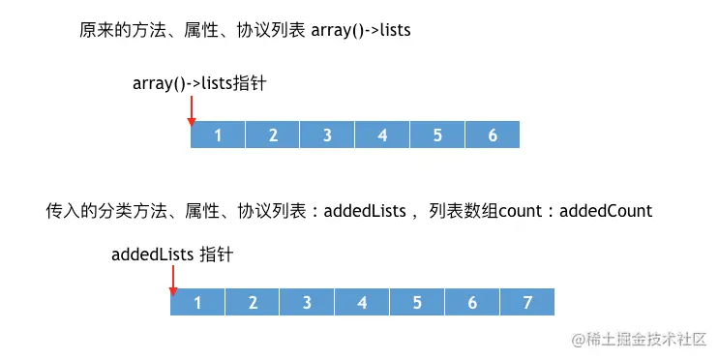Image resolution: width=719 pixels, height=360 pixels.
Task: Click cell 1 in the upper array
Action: click(218, 135)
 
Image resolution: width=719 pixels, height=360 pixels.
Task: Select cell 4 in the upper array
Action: click(382, 135)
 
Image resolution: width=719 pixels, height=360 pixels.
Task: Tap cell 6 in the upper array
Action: click(493, 135)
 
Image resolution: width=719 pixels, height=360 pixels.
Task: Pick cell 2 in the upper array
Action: click(273, 135)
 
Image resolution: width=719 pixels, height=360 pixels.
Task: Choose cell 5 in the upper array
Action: click(437, 135)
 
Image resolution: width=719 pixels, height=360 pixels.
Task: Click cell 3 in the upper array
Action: click(328, 135)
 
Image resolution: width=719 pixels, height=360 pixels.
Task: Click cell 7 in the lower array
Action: click(527, 302)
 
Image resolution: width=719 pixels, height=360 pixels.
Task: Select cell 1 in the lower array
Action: click(197, 302)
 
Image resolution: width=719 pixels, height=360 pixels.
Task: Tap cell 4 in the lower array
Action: click(362, 302)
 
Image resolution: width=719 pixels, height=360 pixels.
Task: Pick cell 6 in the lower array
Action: click(472, 302)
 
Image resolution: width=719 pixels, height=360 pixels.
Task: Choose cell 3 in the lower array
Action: click(307, 302)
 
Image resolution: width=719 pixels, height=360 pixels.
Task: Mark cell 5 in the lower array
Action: click(417, 302)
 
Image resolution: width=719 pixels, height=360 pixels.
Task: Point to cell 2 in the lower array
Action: click(253, 302)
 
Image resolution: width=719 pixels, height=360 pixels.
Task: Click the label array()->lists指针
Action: click(199, 84)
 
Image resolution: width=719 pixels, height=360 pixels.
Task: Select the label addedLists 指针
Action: click(172, 255)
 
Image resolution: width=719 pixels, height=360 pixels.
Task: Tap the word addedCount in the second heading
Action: click(607, 210)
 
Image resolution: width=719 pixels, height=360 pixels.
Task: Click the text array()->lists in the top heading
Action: click(361, 30)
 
